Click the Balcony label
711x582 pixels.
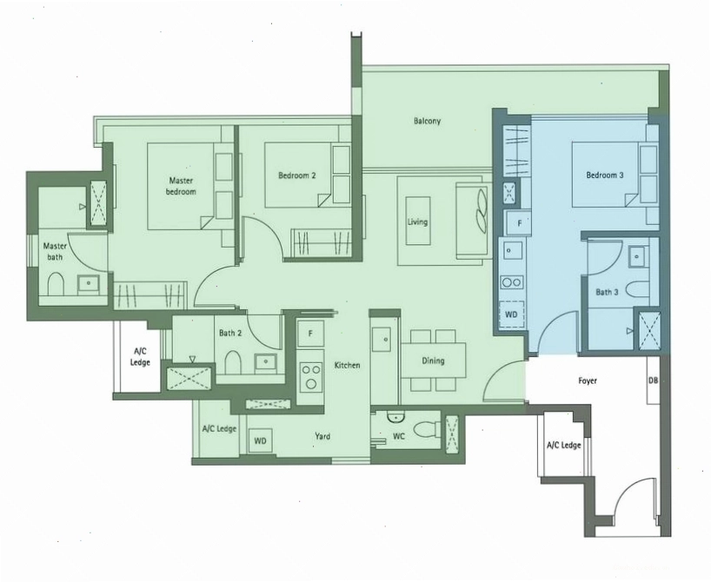coord(427,121)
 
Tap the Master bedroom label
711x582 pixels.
coord(181,186)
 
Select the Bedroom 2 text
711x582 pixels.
coord(297,175)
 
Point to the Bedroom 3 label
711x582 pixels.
coord(604,175)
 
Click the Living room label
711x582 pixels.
coord(417,222)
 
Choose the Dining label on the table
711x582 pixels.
coord(433,360)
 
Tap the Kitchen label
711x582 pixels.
coord(347,365)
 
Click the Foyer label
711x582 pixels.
coord(588,380)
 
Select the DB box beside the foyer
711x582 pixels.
coord(653,380)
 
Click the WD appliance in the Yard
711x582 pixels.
coord(260,440)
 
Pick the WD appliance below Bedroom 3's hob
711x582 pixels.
coord(511,314)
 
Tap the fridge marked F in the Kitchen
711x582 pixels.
coord(310,334)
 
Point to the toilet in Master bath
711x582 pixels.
coord(56,284)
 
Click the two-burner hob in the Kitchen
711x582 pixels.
coord(310,377)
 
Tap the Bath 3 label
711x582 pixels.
coord(607,293)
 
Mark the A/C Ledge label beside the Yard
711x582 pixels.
coord(219,428)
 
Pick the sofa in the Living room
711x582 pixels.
coord(474,222)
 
